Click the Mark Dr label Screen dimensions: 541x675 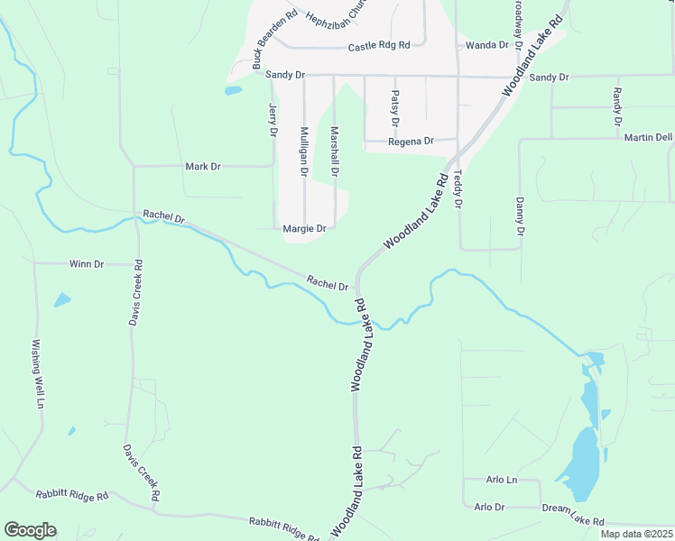pyautogui.click(x=202, y=167)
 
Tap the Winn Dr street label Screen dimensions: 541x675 pyautogui.click(x=87, y=264)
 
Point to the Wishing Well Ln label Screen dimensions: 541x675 pyautogui.click(x=38, y=373)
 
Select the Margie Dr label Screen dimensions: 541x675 pyautogui.click(x=304, y=229)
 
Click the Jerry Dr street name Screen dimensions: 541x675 pyautogui.click(x=272, y=119)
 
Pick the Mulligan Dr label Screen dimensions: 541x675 pyautogui.click(x=304, y=151)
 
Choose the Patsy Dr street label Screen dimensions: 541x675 pyautogui.click(x=395, y=108)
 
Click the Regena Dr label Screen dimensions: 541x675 pyautogui.click(x=411, y=142)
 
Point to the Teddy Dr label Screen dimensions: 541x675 pyautogui.click(x=458, y=189)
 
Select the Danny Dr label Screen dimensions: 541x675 pyautogui.click(x=520, y=216)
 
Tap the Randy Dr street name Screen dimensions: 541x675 pyautogui.click(x=617, y=106)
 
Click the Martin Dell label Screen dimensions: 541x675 pyautogui.click(x=647, y=138)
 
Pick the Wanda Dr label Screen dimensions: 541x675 pyautogui.click(x=487, y=45)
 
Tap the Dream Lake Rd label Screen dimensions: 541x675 pyautogui.click(x=573, y=515)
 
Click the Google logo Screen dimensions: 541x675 pyautogui.click(x=30, y=530)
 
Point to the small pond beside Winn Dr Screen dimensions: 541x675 pyautogui.click(x=61, y=299)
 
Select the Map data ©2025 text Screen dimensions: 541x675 pyautogui.click(x=635, y=534)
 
